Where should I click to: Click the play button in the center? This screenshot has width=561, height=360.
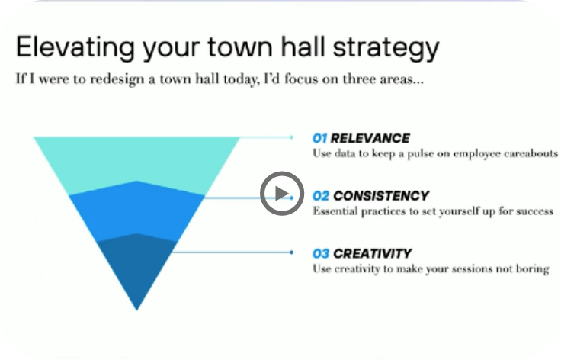pyautogui.click(x=282, y=194)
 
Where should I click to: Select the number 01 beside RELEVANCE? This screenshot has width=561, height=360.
pyautogui.click(x=319, y=138)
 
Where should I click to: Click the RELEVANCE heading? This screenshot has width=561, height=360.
pyautogui.click(x=370, y=138)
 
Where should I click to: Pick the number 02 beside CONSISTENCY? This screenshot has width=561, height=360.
pyautogui.click(x=321, y=196)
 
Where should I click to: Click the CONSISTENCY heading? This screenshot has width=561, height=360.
pyautogui.click(x=380, y=196)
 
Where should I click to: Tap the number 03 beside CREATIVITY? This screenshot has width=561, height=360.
pyautogui.click(x=321, y=254)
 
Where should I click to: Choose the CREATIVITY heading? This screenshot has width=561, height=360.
pyautogui.click(x=373, y=254)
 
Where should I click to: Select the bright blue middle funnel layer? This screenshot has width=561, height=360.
pyautogui.click(x=136, y=211)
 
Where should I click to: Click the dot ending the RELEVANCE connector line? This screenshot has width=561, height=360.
pyautogui.click(x=292, y=137)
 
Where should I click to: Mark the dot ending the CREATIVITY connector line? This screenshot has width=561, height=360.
pyautogui.click(x=292, y=252)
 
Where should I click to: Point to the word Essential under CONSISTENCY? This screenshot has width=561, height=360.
pyautogui.click(x=335, y=211)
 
